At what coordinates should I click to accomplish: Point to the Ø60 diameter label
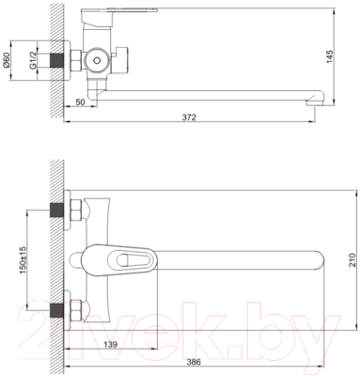[9, 63]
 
